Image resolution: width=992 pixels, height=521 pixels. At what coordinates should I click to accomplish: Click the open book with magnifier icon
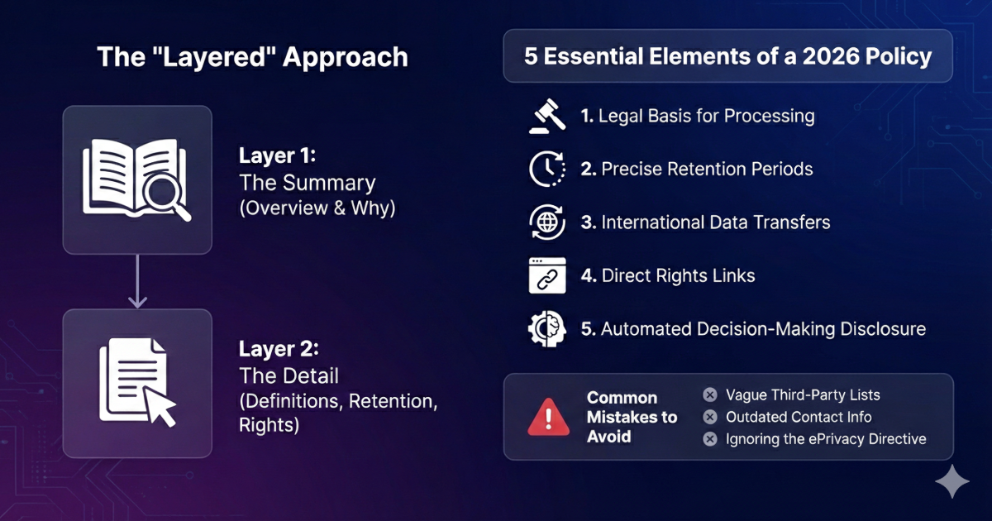[x=138, y=180]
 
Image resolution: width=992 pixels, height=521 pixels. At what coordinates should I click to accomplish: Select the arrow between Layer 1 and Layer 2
[x=138, y=281]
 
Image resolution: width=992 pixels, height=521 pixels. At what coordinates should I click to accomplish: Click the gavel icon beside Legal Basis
[x=546, y=117]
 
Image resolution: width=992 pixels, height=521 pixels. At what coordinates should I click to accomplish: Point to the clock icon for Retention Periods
[x=546, y=170]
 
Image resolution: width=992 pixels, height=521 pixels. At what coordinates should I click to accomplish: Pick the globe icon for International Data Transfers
[x=546, y=222]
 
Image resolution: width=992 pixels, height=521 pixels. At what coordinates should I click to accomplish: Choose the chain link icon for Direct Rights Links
[x=546, y=275]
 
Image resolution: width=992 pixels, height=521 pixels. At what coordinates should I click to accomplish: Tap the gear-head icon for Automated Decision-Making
[x=546, y=328]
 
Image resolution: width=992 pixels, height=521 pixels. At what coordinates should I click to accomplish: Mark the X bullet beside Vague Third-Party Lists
[x=709, y=394]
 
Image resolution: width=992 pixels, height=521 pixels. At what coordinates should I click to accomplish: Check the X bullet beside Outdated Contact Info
[x=709, y=417]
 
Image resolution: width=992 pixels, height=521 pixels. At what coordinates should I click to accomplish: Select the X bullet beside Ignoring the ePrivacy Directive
[x=709, y=439]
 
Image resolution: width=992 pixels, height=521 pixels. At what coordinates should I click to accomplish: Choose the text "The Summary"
[x=307, y=182]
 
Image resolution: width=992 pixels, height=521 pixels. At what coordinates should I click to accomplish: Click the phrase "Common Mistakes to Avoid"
[x=632, y=417]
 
